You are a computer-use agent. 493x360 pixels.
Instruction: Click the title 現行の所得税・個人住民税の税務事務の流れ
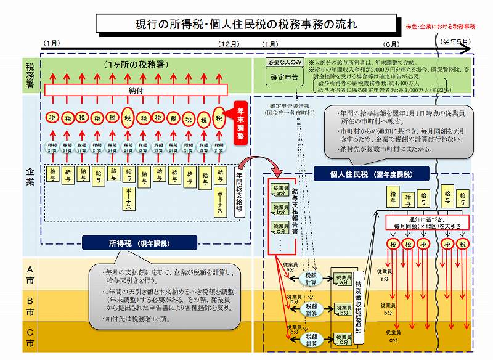pos(246,25)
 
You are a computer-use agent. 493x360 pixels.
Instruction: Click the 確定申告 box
pos(285,77)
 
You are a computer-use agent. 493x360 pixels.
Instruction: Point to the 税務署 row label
pos(30,75)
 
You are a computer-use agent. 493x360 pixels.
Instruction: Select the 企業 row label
pos(30,172)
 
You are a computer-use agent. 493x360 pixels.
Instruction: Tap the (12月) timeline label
pos(229,44)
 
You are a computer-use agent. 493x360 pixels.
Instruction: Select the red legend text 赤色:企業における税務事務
pos(441,27)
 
